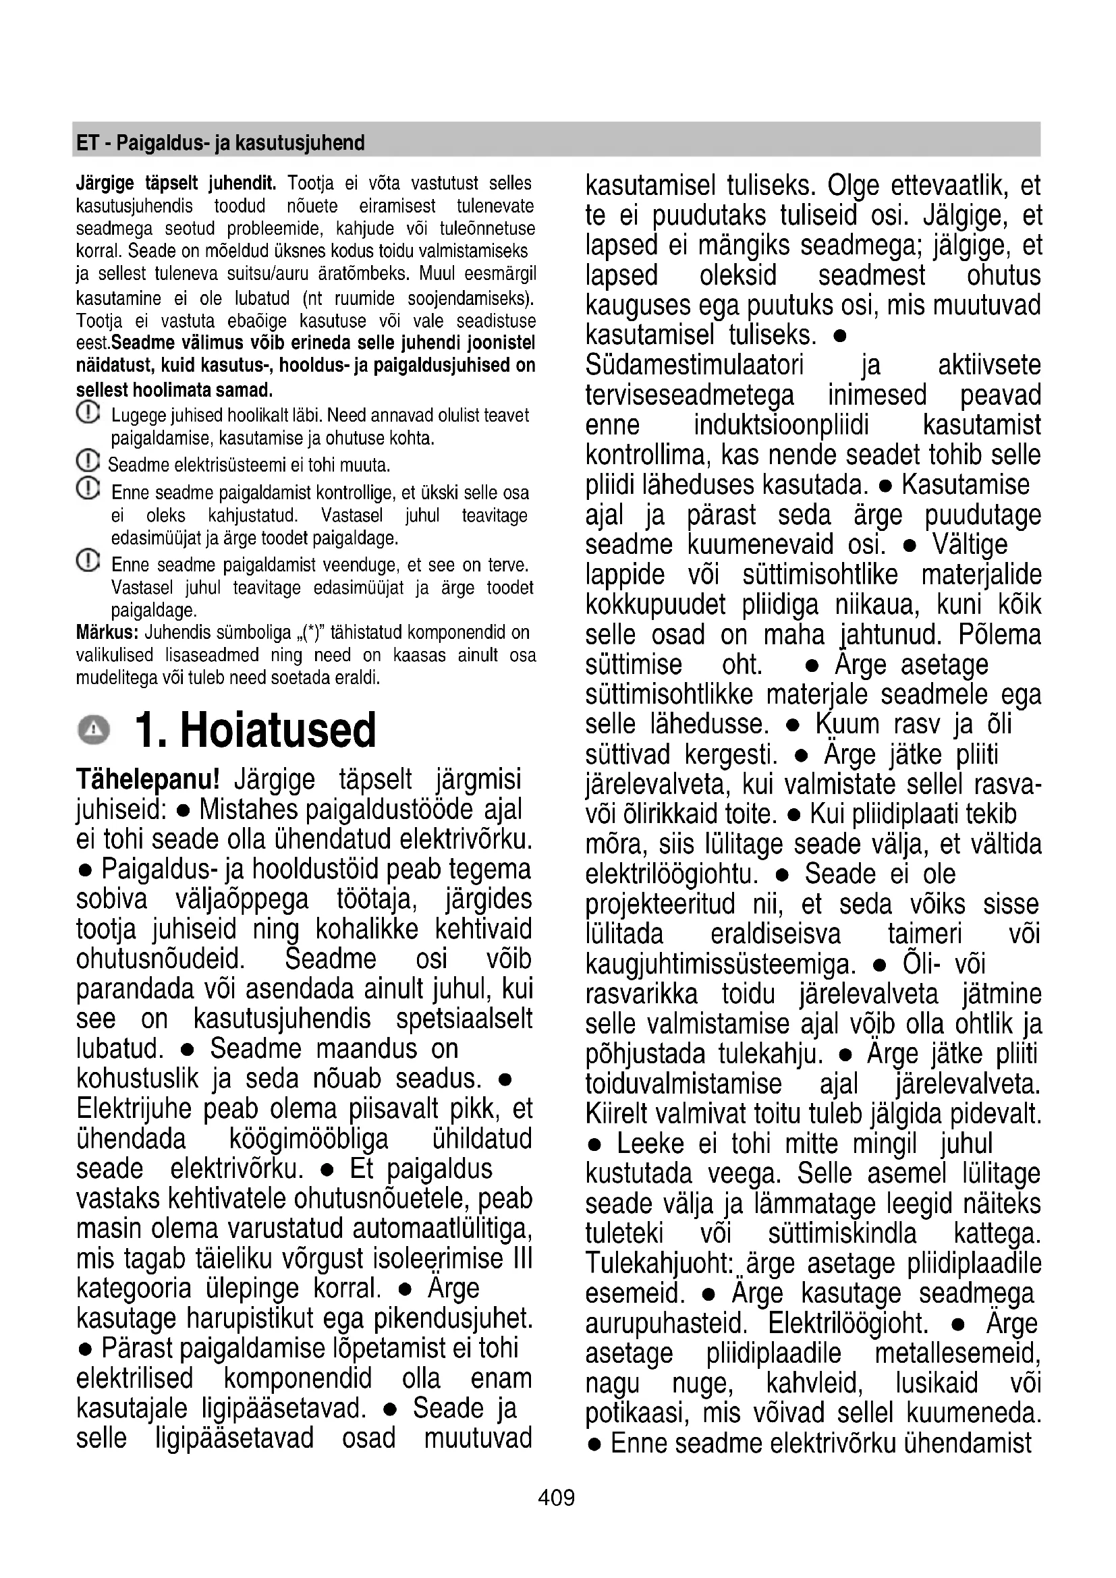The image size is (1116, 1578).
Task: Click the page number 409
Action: pos(557,1497)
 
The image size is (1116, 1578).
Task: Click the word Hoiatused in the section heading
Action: pos(277,730)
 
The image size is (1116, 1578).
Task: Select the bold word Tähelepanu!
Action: pos(148,780)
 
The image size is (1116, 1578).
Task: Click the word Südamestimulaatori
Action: pos(694,365)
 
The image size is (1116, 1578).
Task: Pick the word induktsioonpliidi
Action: pos(781,425)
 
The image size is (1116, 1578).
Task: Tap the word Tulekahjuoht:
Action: pos(659,1263)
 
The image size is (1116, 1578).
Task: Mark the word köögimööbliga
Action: pos(308,1139)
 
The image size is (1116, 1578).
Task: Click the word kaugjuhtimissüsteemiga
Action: pos(721,964)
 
